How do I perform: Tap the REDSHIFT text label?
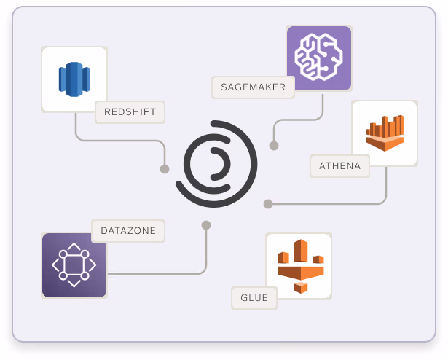point(130,112)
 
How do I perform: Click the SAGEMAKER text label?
point(253,87)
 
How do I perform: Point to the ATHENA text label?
point(339,165)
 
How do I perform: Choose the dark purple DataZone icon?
point(74,265)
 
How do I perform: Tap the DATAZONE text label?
point(127,231)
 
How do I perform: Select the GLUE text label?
point(254,297)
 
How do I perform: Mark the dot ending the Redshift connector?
point(165,169)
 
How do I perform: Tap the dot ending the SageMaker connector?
point(274,146)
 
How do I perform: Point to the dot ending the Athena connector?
point(268,204)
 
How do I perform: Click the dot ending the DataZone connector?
point(206,225)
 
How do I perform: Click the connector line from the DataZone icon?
point(160,274)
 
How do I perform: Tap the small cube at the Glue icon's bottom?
point(299,287)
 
